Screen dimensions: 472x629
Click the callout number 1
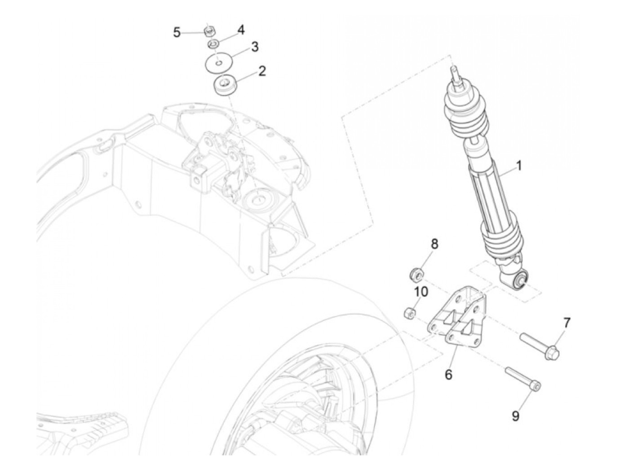click(x=519, y=166)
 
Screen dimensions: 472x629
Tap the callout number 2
click(x=262, y=71)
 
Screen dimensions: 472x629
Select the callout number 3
click(x=255, y=47)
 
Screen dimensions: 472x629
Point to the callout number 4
click(x=241, y=30)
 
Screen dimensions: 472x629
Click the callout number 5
click(x=177, y=32)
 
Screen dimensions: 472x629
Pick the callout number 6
click(x=448, y=374)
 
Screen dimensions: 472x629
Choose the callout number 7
click(x=567, y=322)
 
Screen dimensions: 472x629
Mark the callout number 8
click(x=434, y=244)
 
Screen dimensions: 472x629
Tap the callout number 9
click(x=516, y=416)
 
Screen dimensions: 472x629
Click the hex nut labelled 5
click(x=208, y=31)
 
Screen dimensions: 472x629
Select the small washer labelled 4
click(x=214, y=44)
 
